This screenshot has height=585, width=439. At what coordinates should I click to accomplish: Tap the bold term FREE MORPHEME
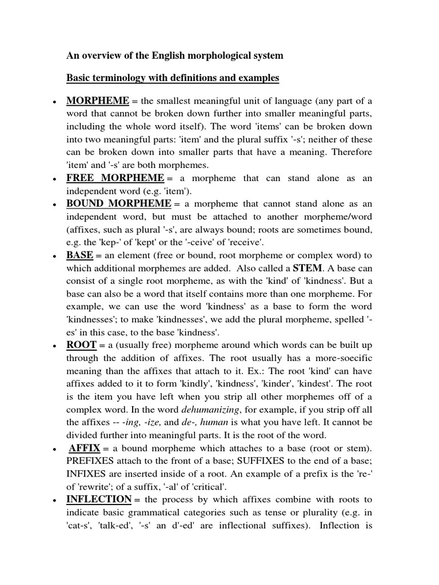115,178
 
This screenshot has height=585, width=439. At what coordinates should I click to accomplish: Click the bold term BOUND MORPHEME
119,203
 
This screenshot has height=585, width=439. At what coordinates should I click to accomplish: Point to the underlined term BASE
79,255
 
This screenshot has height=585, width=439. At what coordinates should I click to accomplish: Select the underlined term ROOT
81,346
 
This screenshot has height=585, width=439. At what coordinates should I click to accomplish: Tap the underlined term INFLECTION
99,499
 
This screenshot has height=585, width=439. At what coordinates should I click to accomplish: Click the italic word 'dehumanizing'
206,410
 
